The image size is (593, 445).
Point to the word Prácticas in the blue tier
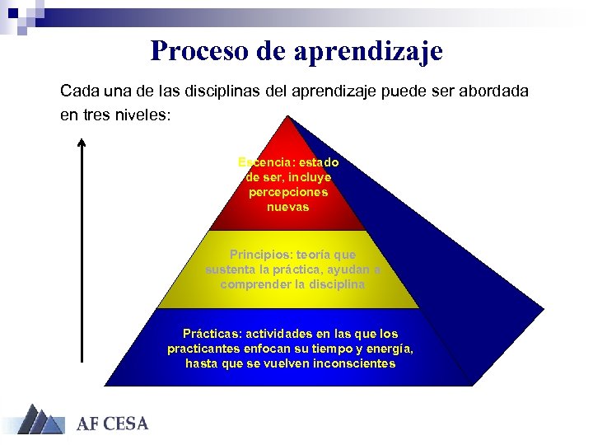coord(211,334)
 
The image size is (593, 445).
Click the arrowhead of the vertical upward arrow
coord(81,143)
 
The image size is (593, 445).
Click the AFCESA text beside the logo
coord(113,424)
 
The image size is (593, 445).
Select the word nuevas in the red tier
coord(288,207)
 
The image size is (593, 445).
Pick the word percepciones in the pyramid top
coord(288,192)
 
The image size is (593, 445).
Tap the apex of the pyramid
coord(287,118)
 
